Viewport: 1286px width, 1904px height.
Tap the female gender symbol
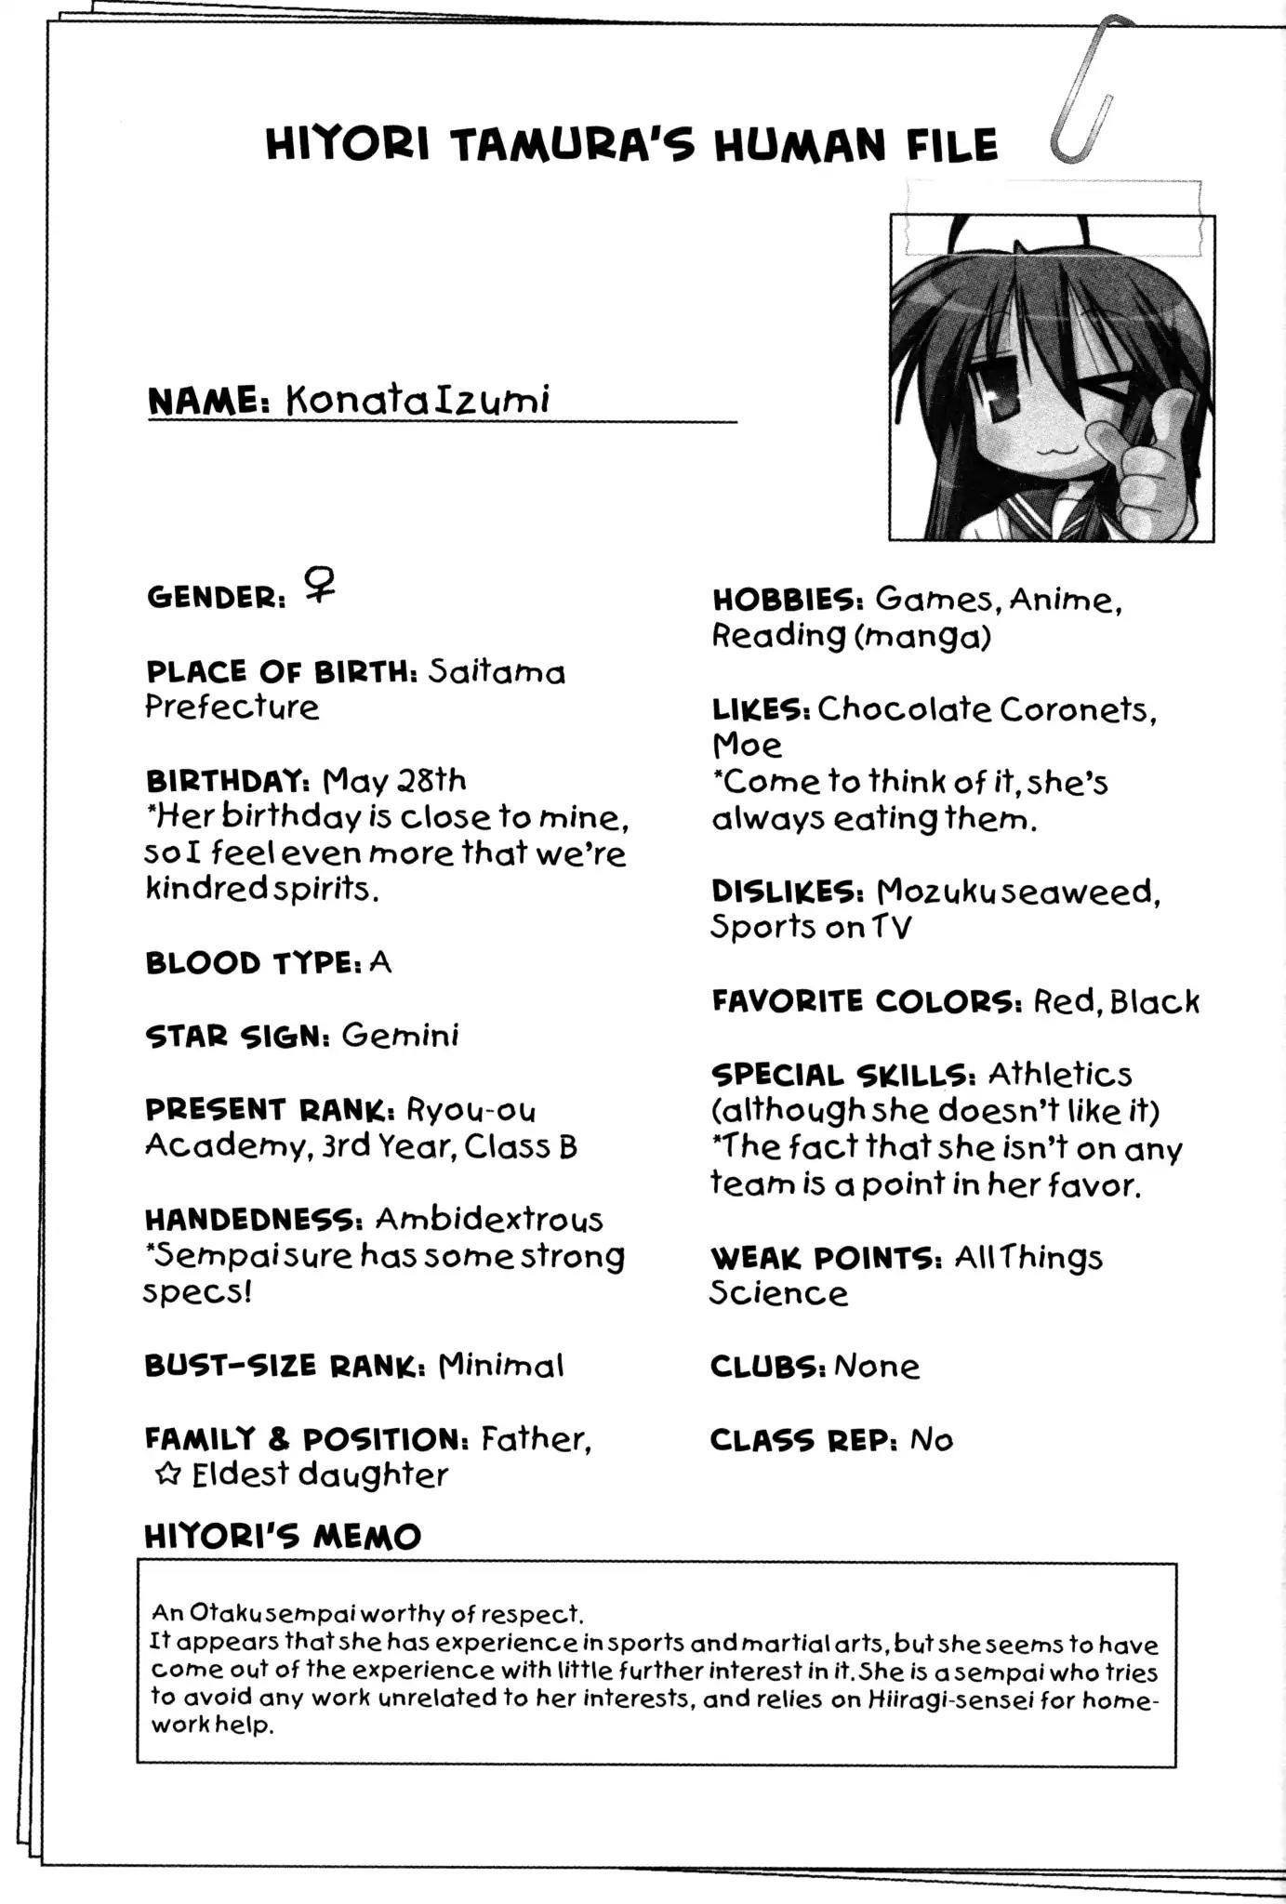click(x=319, y=588)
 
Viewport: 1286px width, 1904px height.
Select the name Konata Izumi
click(x=418, y=400)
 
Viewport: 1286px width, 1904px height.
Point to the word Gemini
click(x=400, y=1036)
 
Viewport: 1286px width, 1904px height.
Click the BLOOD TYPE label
click(x=253, y=963)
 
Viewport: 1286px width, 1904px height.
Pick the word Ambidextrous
click(x=489, y=1219)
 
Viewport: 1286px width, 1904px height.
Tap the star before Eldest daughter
click(x=167, y=1475)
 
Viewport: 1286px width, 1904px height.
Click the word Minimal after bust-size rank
click(x=500, y=1366)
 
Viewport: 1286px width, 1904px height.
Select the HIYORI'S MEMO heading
click(x=283, y=1537)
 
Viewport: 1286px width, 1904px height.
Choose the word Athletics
click(x=1060, y=1075)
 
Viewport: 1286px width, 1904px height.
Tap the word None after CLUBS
click(x=876, y=1366)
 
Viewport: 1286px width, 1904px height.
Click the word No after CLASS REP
click(x=931, y=1440)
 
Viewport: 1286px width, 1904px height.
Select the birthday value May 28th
click(x=394, y=780)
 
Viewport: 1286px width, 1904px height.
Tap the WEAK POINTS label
click(x=827, y=1258)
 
